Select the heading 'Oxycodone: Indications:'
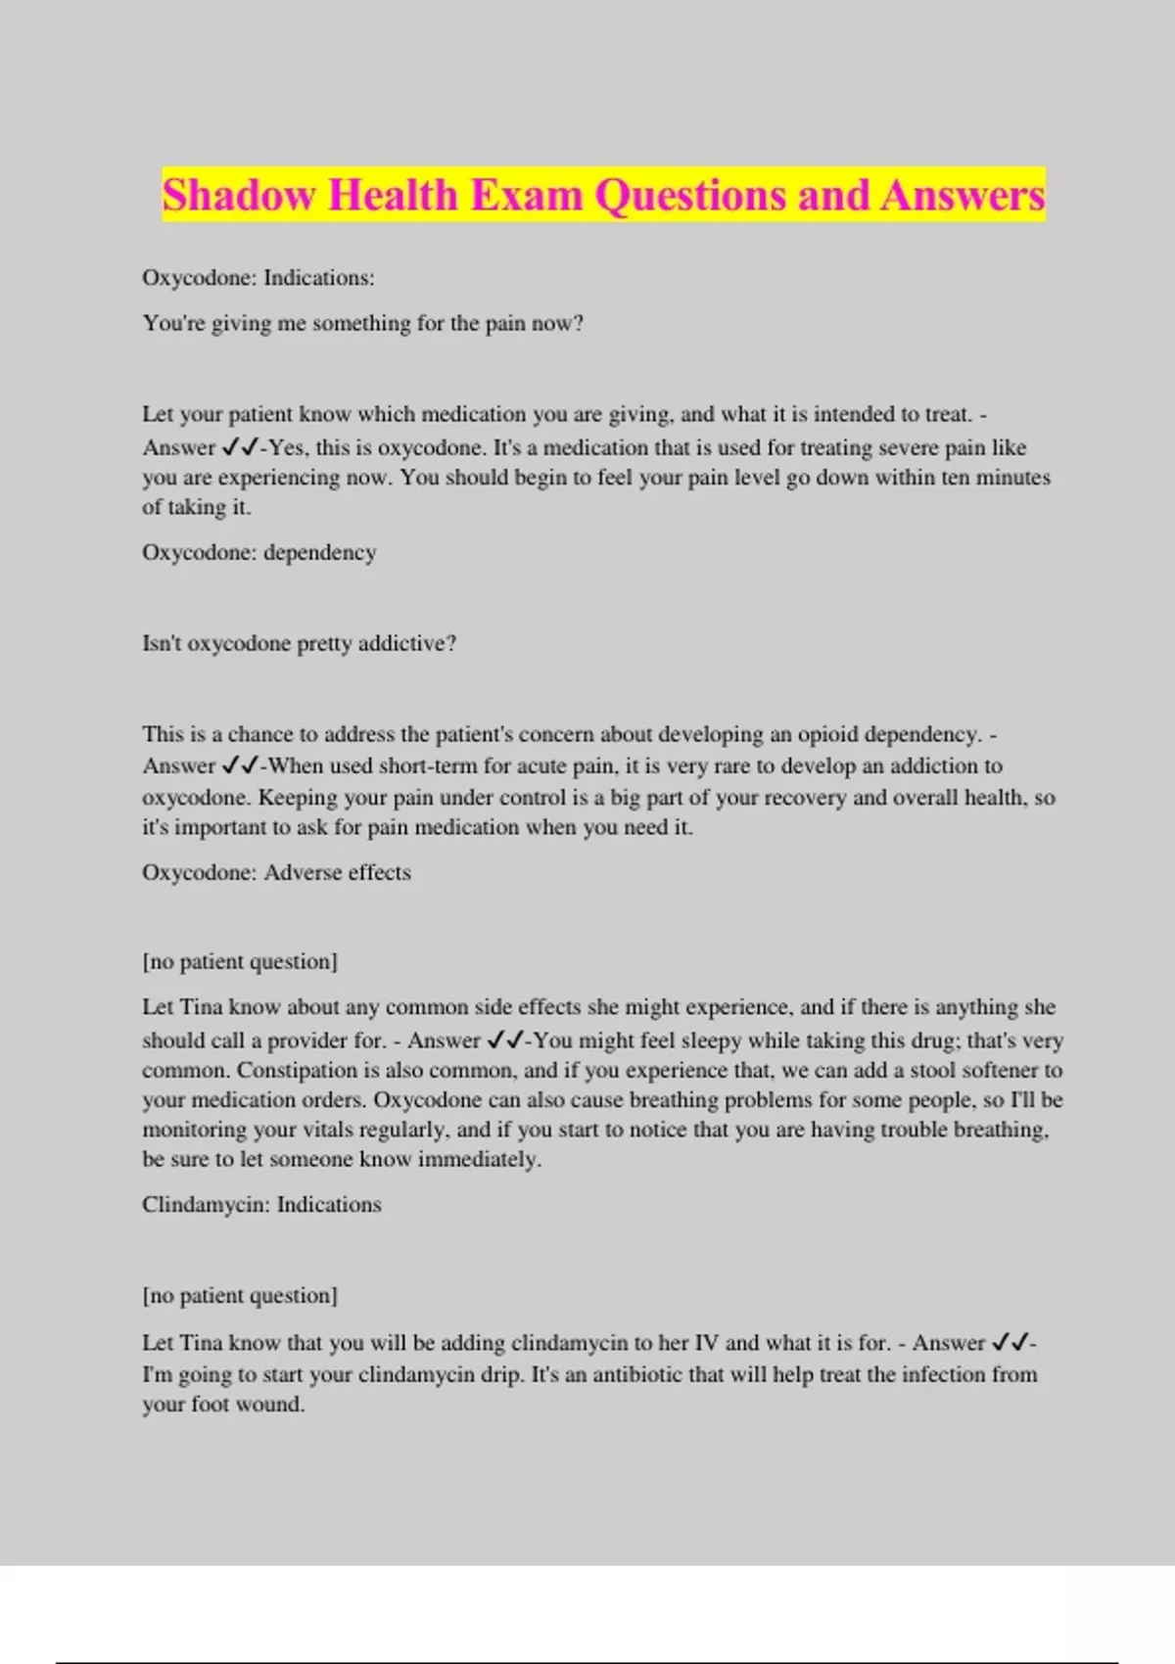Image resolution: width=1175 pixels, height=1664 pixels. tap(258, 278)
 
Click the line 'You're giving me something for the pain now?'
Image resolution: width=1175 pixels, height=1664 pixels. tap(363, 323)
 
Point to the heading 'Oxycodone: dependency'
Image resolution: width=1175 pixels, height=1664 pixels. tap(259, 552)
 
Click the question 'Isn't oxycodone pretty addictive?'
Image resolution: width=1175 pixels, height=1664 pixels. tap(300, 643)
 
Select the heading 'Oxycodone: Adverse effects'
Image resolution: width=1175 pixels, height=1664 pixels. tap(276, 872)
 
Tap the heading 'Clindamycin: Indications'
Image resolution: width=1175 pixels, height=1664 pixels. tap(261, 1204)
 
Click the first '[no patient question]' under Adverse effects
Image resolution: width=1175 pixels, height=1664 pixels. tap(240, 961)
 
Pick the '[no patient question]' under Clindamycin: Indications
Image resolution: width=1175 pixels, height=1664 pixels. tap(240, 1295)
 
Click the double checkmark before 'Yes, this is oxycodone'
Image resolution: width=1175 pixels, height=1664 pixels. tap(240, 447)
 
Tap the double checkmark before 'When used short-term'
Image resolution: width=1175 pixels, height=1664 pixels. tap(240, 765)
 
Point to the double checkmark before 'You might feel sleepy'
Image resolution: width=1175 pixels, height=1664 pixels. tap(505, 1040)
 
